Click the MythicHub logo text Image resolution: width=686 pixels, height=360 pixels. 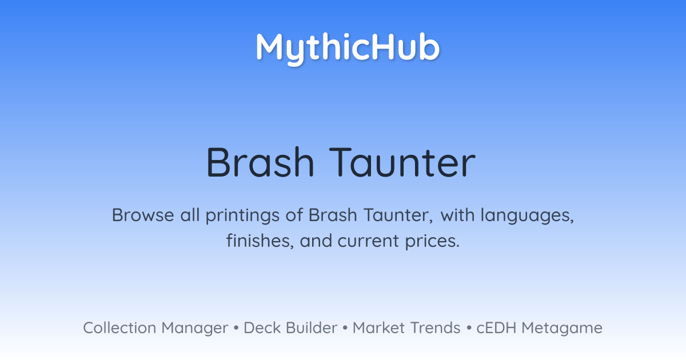(348, 49)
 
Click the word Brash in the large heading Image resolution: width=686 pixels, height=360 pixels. (260, 162)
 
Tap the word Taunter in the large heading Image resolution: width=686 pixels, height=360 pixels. (402, 162)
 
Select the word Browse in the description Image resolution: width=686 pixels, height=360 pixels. (143, 215)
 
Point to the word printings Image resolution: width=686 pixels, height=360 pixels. (242, 216)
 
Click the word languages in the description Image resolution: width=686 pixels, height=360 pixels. (527, 216)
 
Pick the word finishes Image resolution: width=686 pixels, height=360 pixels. (260, 241)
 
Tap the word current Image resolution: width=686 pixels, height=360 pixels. (368, 242)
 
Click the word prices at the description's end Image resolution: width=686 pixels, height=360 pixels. (432, 242)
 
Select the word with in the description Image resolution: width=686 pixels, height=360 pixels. (457, 215)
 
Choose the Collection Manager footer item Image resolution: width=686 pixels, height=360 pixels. (155, 328)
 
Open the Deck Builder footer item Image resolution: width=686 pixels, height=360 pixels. (290, 328)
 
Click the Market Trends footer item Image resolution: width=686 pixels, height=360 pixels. (406, 328)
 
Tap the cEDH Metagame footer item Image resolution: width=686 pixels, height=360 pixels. (539, 328)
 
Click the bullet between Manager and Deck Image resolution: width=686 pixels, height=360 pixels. (236, 328)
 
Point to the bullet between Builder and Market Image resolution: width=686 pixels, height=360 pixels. (345, 328)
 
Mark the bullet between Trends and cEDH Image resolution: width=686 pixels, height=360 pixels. (469, 328)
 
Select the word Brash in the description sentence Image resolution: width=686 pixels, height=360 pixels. (333, 215)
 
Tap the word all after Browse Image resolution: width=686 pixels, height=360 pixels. (190, 215)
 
